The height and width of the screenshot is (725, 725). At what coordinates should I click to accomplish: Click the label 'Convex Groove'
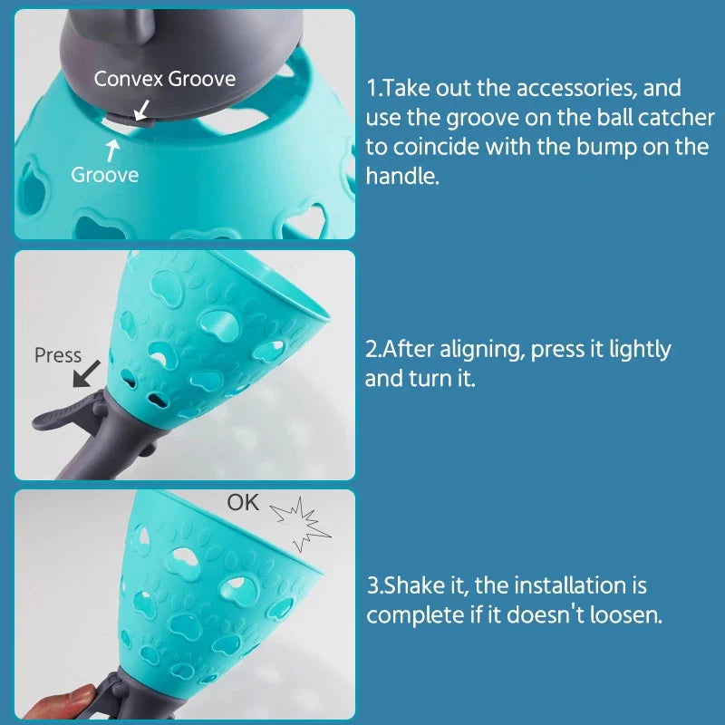point(165,79)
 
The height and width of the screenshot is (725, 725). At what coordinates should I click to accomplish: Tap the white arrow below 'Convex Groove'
point(142,110)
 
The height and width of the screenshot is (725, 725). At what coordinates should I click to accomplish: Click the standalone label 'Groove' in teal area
point(105,175)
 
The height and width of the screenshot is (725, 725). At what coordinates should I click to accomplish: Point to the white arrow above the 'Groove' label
point(112,150)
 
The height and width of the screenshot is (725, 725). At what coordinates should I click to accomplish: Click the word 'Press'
point(58,355)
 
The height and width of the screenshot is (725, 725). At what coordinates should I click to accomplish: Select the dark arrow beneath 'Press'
point(86,373)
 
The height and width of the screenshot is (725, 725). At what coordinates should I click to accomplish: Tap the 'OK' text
point(243,503)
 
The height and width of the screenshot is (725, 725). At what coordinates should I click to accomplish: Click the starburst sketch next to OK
point(301,524)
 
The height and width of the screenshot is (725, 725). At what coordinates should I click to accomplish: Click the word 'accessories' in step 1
point(575,88)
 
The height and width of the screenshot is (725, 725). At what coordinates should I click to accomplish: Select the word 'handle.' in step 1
point(402,176)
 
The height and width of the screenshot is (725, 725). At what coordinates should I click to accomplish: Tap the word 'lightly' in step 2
point(640,351)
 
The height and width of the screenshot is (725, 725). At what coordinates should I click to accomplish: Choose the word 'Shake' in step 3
point(414,585)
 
